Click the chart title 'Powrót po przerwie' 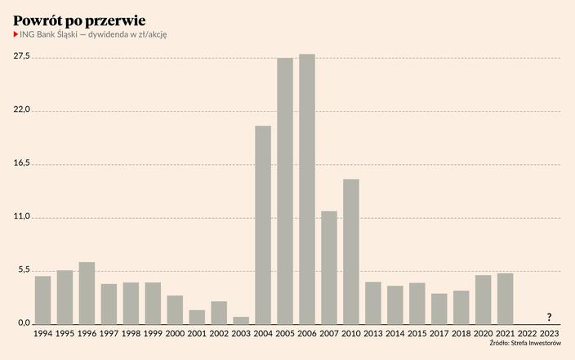80,18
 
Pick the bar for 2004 263,225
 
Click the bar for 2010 351,251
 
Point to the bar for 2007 329,268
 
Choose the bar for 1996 87,293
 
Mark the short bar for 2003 241,320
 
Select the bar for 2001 197,317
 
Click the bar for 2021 506,299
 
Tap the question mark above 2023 550,317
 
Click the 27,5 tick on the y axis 22,56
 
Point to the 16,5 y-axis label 22,163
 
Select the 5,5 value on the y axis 25,270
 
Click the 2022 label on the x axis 528,334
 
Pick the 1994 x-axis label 42,334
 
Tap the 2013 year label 373,334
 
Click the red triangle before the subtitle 16,34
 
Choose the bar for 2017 439,309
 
